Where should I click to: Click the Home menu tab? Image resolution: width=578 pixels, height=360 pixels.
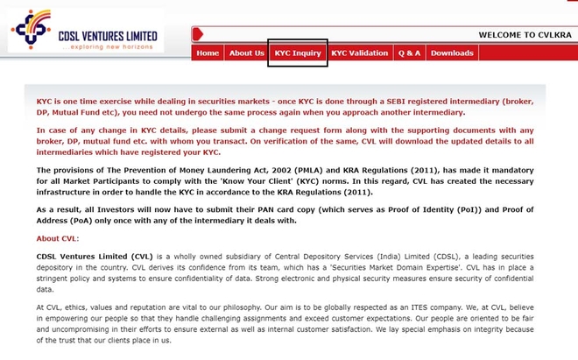coord(208,53)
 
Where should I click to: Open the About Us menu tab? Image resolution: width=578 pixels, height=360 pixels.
coord(246,53)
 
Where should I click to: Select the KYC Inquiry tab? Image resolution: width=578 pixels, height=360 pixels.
coord(298,53)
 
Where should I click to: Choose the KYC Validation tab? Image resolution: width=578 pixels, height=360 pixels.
coord(359,53)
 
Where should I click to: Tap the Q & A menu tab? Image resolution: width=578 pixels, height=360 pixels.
coord(409,53)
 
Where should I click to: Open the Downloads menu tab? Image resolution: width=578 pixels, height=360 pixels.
coord(452,53)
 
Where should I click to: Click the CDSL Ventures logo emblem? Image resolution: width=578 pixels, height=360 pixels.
coord(30,29)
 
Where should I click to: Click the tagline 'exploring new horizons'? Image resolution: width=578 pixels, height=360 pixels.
coord(109,46)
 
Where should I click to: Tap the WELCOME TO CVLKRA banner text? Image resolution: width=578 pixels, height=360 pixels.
coord(524,35)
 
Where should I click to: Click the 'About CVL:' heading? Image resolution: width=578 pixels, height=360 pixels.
coord(58,238)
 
